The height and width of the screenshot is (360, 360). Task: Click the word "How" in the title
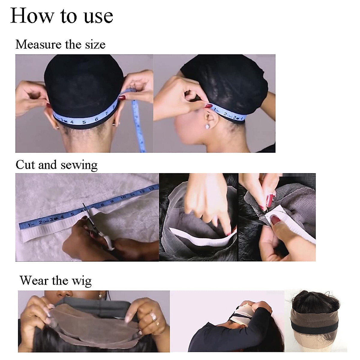pyautogui.click(x=28, y=16)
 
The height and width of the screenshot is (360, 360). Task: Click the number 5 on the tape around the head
pyautogui.click(x=84, y=122)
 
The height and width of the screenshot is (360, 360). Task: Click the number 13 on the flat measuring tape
pyautogui.click(x=151, y=188)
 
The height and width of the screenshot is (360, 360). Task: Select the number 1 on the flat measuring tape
pyautogui.click(x=29, y=225)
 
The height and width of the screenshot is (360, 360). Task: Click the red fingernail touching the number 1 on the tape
pyautogui.click(x=208, y=106)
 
